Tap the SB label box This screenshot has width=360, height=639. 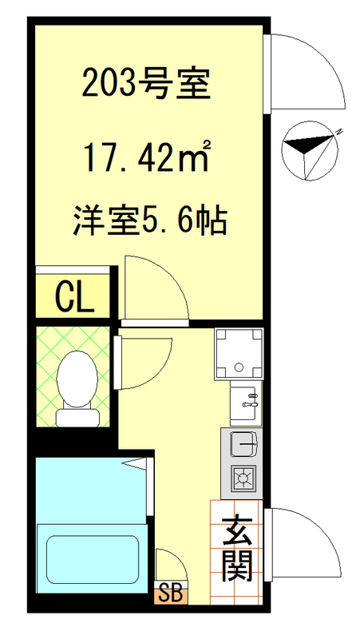tap(170, 593)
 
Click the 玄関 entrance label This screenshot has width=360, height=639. tap(237, 550)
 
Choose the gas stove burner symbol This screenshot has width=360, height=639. tap(243, 478)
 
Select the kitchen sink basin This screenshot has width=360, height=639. tap(243, 442)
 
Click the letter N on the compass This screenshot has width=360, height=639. tap(339, 131)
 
